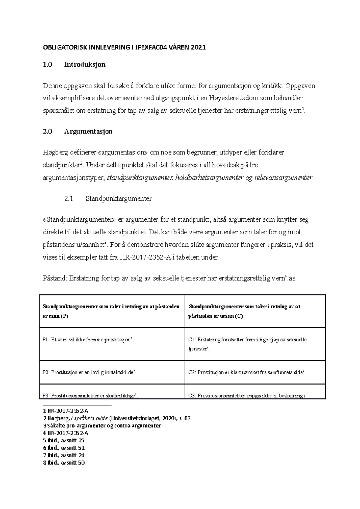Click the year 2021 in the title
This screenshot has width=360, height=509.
tap(198, 47)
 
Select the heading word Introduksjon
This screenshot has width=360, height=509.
tap(85, 64)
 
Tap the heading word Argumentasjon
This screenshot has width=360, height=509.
tap(88, 132)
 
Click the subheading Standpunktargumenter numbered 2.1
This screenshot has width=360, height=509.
tap(118, 198)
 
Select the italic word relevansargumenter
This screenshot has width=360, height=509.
tap(283, 178)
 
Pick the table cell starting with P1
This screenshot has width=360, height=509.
tap(112, 344)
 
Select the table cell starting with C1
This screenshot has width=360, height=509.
tap(255, 344)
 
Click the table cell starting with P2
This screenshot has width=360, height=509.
tap(112, 372)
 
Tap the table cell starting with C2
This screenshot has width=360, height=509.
tap(255, 372)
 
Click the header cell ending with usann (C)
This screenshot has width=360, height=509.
tap(255, 311)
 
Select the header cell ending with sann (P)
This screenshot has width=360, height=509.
tap(112, 311)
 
